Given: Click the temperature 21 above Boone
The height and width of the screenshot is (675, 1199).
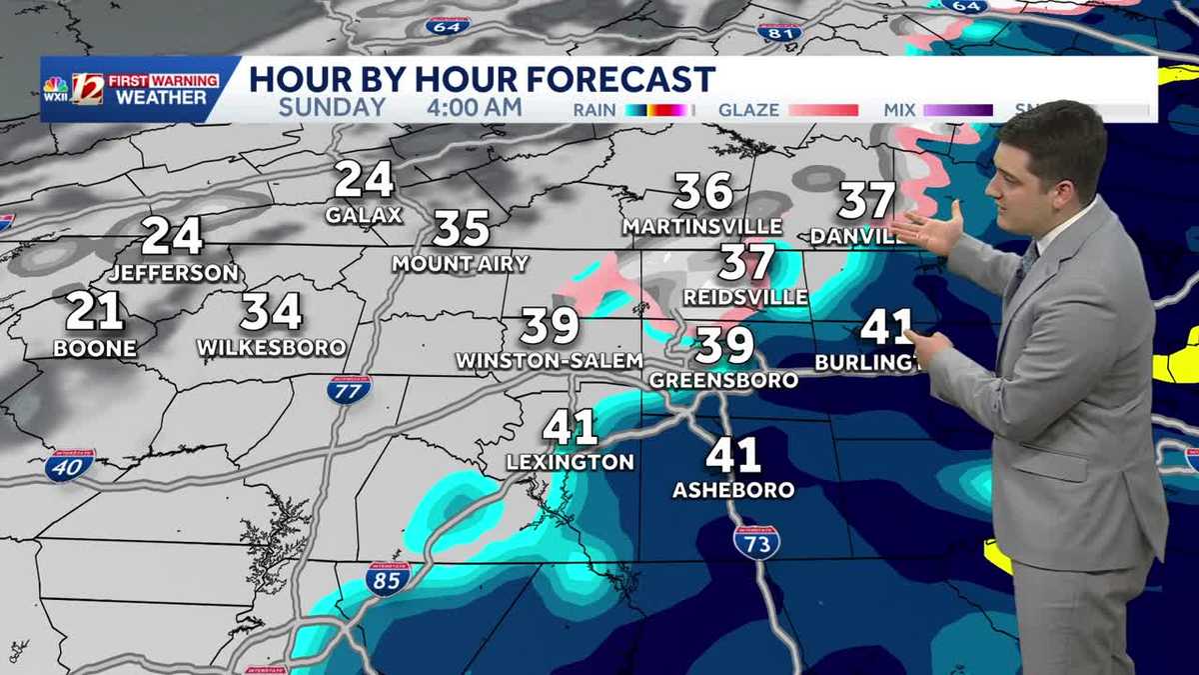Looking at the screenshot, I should click(x=95, y=312).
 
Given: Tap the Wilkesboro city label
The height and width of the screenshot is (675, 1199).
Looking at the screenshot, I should click(x=272, y=348).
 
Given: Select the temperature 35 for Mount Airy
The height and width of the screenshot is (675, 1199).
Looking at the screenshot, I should click(x=461, y=228).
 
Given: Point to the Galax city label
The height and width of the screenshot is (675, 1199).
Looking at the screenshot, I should click(x=364, y=215).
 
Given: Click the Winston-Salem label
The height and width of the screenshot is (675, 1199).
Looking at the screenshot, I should click(x=549, y=360).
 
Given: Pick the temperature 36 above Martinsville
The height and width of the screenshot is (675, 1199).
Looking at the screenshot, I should click(x=703, y=192).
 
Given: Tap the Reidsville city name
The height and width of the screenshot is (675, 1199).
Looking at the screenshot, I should click(x=746, y=298).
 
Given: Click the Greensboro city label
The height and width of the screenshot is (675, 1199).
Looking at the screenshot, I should click(x=723, y=380).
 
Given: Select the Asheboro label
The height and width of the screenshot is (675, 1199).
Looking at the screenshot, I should click(x=733, y=490).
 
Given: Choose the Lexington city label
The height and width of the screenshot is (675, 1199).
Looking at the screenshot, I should click(x=570, y=462).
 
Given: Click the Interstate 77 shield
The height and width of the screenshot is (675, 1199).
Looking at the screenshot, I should click(x=349, y=389).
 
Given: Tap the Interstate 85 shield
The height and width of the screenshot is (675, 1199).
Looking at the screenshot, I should click(x=388, y=579).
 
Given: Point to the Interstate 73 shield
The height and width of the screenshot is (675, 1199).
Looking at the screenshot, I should click(x=756, y=541).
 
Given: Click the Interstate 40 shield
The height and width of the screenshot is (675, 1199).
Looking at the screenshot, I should click(x=69, y=465).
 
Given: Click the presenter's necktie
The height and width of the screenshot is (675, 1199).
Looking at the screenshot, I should click(x=1025, y=262).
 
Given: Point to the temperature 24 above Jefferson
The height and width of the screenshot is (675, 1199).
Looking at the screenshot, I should click(x=172, y=237).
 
